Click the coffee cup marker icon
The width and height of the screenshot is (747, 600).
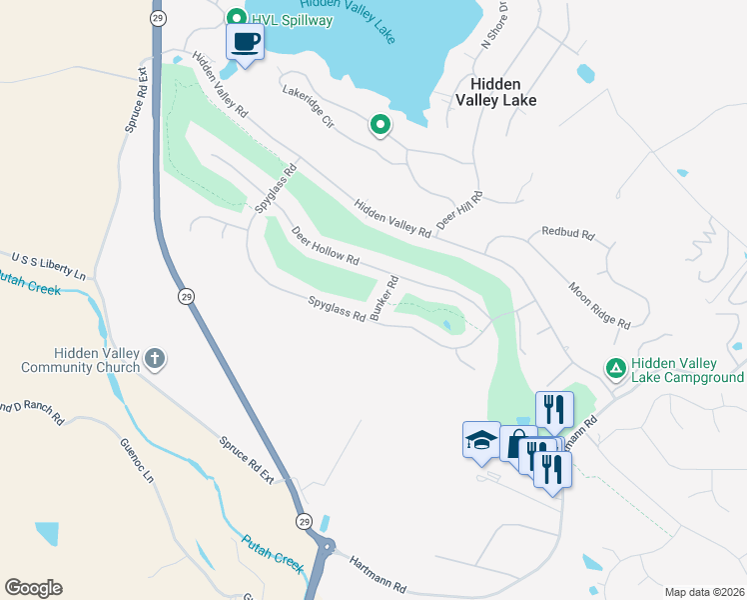click(x=246, y=42)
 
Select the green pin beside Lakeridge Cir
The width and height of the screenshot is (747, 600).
click(x=380, y=125)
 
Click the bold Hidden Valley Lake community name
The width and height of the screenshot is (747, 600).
click(x=496, y=92)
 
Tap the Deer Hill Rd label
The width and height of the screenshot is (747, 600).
click(x=460, y=210)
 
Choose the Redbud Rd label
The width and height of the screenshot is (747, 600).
click(x=568, y=233)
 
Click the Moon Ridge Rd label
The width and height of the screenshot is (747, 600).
click(x=599, y=305)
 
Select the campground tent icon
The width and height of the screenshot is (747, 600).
click(x=617, y=370)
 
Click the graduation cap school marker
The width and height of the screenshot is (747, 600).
click(x=480, y=439)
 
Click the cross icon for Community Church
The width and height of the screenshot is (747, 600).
click(x=154, y=358)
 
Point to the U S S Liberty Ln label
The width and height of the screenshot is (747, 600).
click(x=48, y=266)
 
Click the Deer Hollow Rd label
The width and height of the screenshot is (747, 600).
click(x=325, y=245)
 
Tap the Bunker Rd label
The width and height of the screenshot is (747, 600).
click(x=383, y=298)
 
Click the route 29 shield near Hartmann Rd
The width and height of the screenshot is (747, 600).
click(x=303, y=521)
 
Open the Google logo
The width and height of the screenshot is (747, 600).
click(x=33, y=588)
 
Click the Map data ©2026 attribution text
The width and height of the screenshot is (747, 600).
click(x=705, y=592)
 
